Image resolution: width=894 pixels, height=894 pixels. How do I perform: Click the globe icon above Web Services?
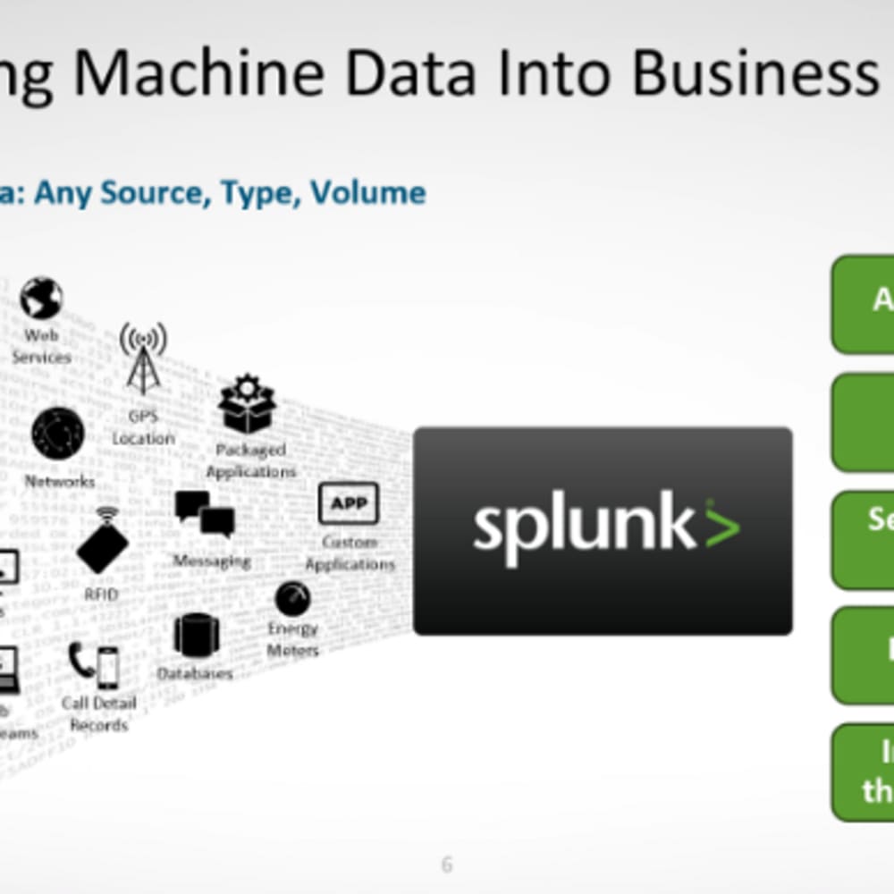tap(41, 298)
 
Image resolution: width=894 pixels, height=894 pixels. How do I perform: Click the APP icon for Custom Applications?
tap(349, 503)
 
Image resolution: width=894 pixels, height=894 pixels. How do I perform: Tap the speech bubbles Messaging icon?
tap(205, 514)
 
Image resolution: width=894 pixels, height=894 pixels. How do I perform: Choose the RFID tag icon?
tap(103, 540)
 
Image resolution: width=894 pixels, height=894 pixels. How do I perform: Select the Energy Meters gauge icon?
tap(292, 598)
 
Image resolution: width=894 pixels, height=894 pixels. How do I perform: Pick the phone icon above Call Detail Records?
tap(94, 665)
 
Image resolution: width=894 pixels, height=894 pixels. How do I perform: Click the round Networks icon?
tap(58, 434)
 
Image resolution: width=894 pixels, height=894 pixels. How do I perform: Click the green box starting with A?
tap(864, 304)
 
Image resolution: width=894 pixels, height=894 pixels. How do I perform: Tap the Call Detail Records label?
tap(98, 713)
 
